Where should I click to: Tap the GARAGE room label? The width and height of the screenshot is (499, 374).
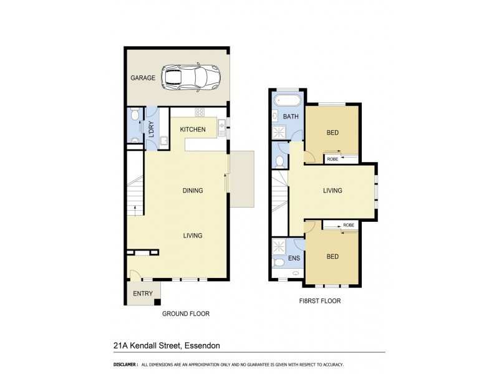coord(142,78)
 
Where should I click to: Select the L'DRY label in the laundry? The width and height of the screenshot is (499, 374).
coord(150,127)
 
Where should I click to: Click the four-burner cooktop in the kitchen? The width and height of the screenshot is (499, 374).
coord(200,112)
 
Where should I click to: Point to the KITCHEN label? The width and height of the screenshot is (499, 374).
coord(193,130)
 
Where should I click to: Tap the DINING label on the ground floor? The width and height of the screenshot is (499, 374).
coord(192,191)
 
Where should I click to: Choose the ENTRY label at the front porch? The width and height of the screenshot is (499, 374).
coord(143,294)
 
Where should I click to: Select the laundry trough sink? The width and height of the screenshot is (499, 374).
coord(163,141)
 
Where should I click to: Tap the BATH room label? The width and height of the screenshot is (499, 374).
coord(291,117)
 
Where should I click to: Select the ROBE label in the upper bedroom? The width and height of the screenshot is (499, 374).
coord(334,160)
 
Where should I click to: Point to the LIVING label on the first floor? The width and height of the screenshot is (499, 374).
coord(332,191)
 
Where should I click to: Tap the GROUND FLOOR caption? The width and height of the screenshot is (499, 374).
coord(185,314)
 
